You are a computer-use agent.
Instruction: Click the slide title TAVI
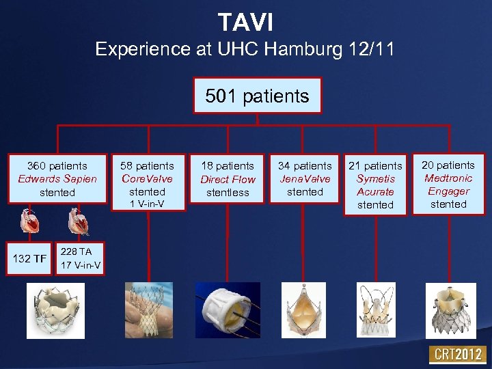[245, 22]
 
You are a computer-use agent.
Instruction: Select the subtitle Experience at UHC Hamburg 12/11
[245, 49]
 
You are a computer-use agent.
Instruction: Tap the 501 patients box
[257, 96]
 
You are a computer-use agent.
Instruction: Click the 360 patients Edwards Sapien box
[57, 179]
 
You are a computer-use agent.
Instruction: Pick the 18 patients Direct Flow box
[228, 179]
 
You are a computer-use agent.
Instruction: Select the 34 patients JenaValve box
[304, 178]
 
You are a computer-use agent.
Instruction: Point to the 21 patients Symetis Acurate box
[375, 184]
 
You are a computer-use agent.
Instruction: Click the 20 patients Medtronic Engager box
[448, 184]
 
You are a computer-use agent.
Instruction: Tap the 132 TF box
[29, 258]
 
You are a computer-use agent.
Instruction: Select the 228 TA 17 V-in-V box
[80, 258]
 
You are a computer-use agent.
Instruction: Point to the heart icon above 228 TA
[78, 221]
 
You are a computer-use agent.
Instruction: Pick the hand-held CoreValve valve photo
[148, 310]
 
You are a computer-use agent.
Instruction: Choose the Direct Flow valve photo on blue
[228, 310]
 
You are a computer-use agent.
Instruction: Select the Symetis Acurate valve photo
[375, 310]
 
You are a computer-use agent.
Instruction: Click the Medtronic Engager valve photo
[450, 310]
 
